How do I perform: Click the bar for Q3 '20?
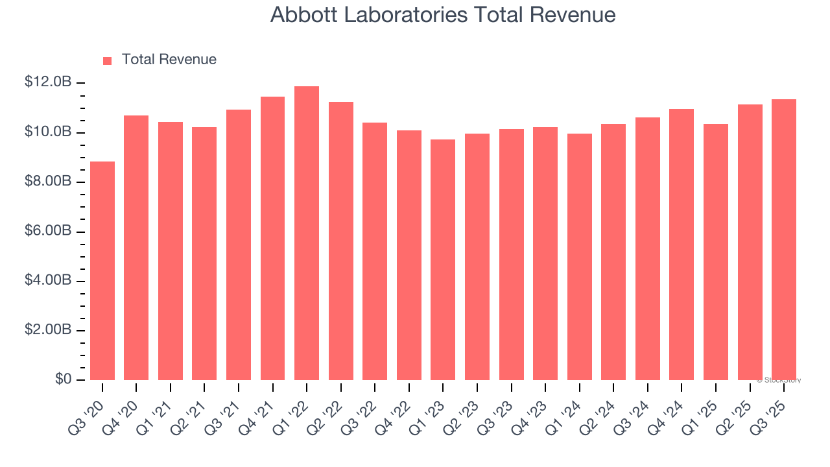[x=102, y=270]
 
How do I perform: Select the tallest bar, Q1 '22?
[x=307, y=233]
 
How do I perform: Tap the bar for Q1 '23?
[x=443, y=259]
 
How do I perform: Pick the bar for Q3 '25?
[x=784, y=239]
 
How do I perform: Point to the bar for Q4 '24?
[x=682, y=245]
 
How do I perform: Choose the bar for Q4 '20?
[x=136, y=248]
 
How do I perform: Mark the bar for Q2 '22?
[x=341, y=241]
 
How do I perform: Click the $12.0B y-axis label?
[x=48, y=82]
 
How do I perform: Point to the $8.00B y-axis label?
[x=48, y=182]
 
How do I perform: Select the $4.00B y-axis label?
[x=48, y=281]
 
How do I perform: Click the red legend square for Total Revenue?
[x=108, y=60]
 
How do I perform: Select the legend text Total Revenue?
[x=169, y=60]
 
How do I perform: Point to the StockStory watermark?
[x=778, y=380]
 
